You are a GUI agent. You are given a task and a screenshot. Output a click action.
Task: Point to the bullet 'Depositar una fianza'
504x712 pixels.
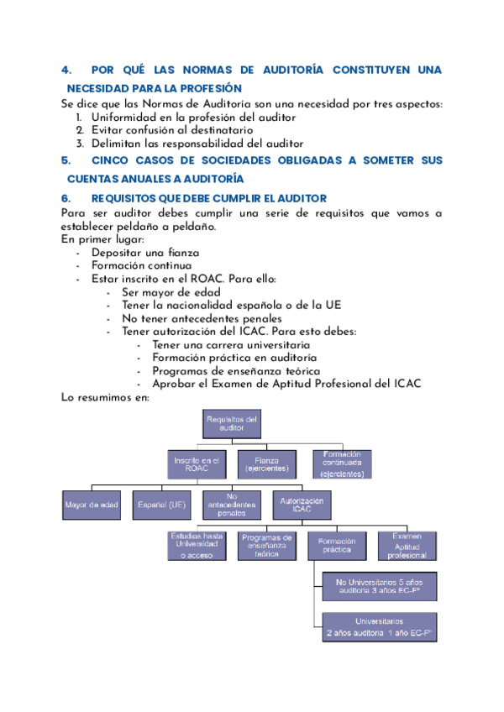pos(145,253)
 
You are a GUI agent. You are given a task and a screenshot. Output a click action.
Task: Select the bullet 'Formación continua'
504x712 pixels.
pos(141,266)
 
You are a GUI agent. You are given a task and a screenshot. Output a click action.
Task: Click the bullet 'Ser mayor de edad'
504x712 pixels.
pos(171,292)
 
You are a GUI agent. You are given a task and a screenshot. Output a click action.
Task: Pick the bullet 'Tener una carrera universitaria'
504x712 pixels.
pos(231,344)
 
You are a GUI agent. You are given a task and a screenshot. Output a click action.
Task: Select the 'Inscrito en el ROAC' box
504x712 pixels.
pos(197,465)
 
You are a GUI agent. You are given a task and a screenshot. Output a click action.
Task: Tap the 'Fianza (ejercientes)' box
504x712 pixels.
pos(266,463)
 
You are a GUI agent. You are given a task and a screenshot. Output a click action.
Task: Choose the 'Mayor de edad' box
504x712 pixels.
pos(92,505)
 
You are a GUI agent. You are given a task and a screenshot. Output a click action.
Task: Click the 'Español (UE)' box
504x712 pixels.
pos(162,505)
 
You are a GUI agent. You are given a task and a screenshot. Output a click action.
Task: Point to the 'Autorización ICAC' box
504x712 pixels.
pos(302,505)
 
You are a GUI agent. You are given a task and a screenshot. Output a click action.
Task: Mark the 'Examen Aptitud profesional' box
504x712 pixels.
pos(407,546)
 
